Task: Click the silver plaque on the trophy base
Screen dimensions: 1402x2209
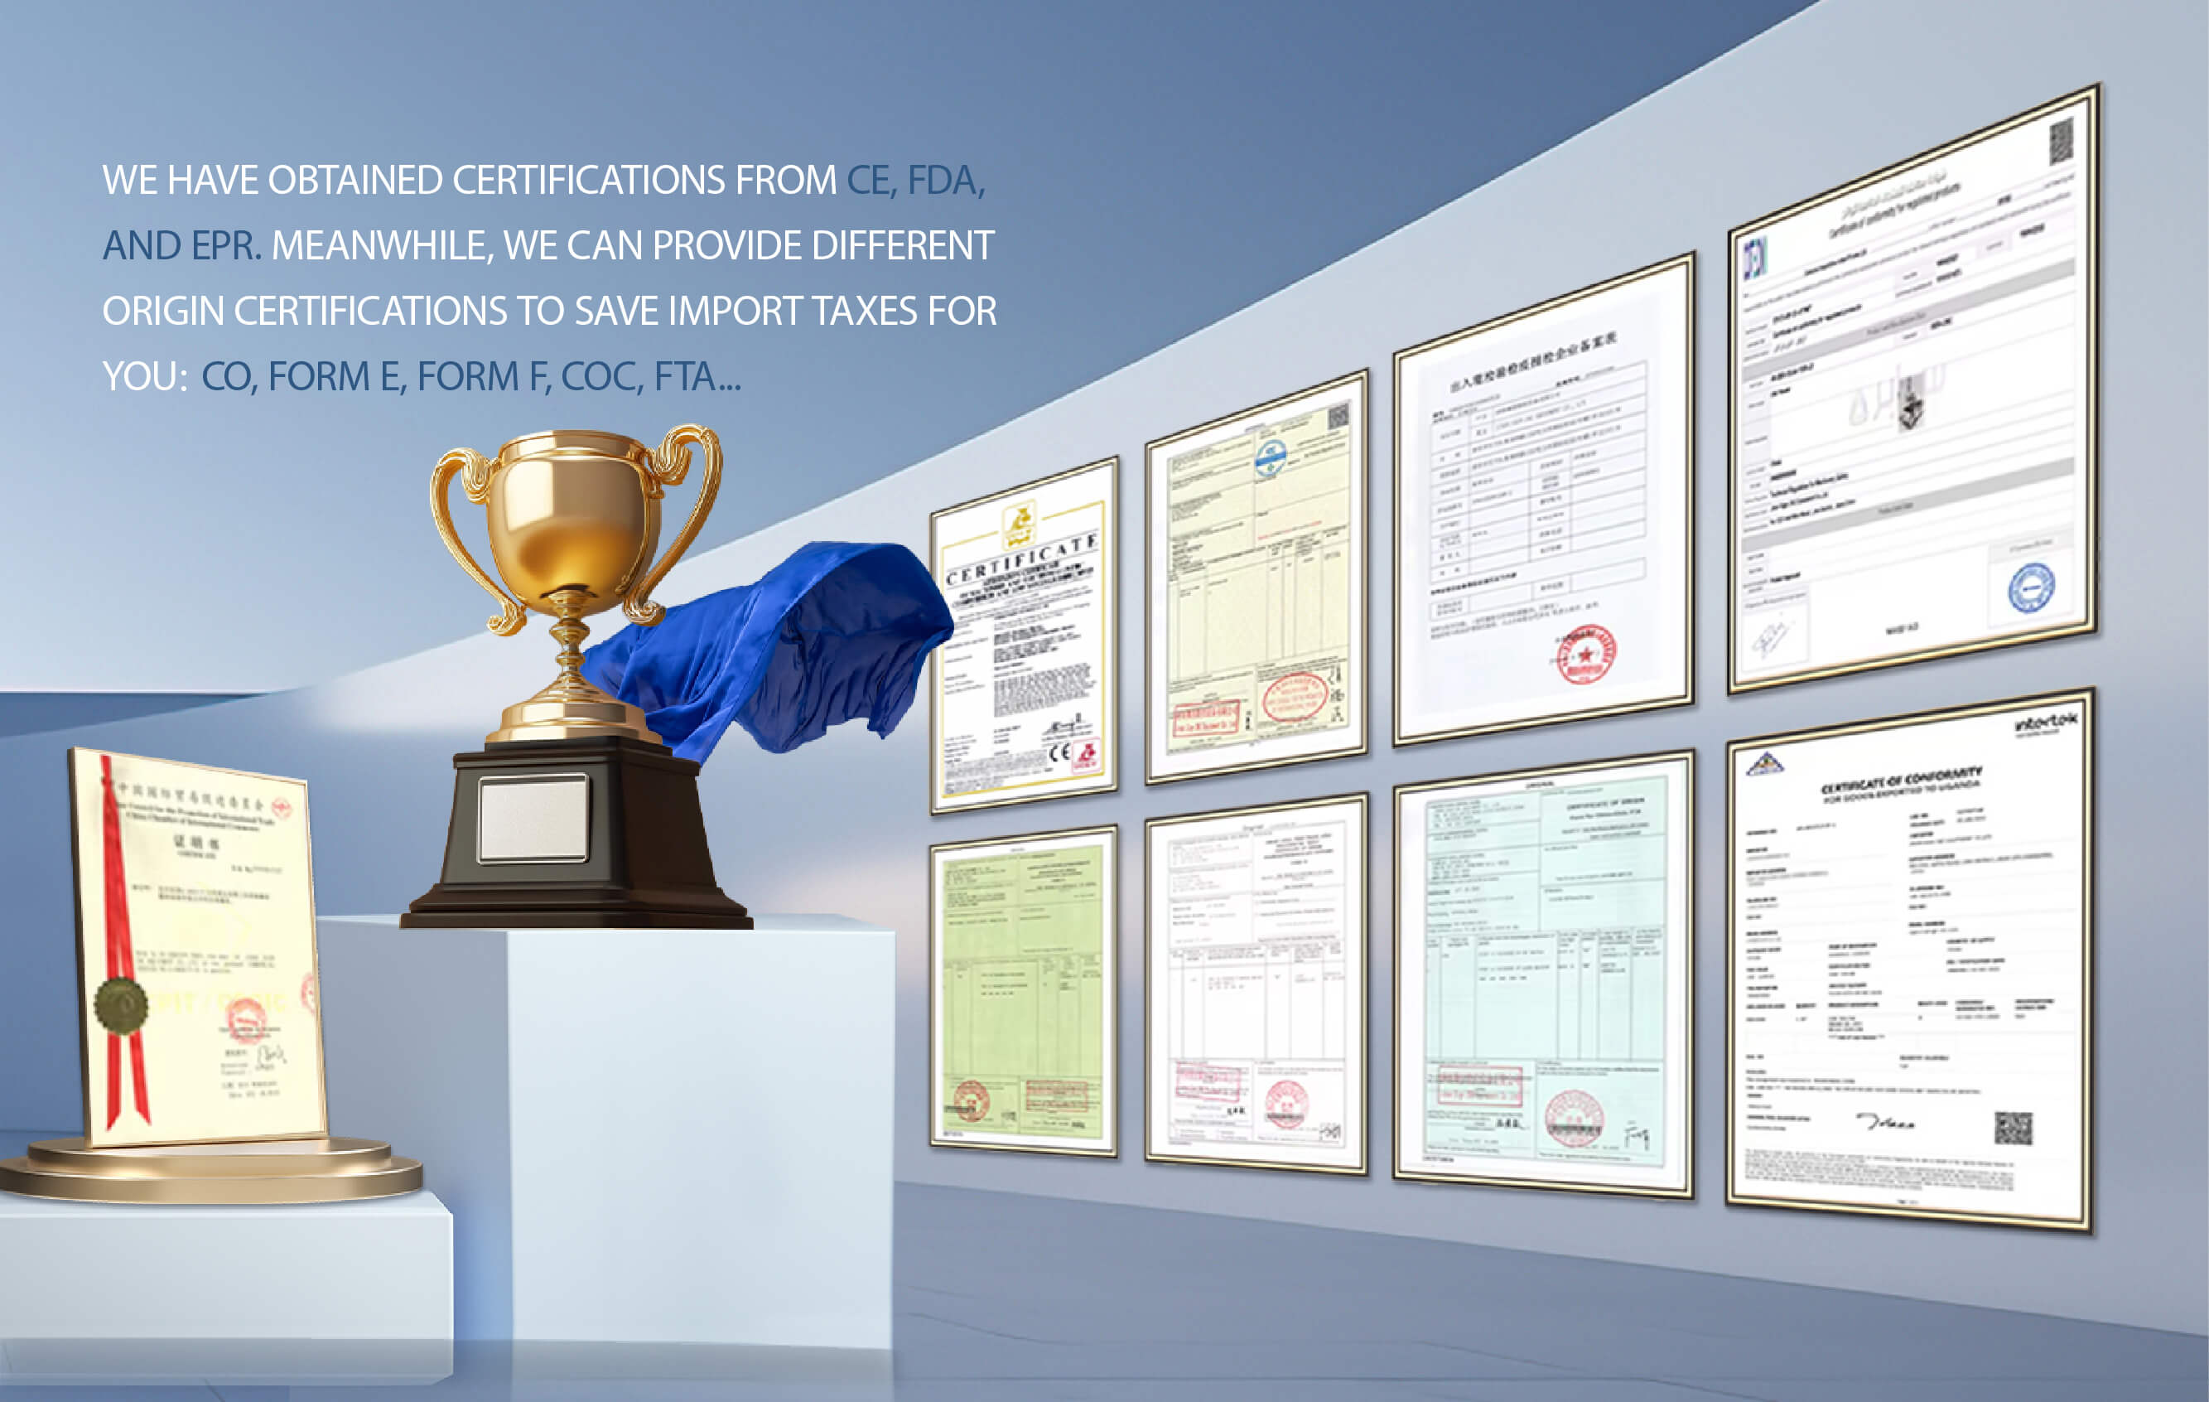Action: tap(533, 819)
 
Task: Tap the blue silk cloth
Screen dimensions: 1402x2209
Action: tap(789, 642)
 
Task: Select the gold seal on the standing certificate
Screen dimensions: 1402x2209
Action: tap(121, 1005)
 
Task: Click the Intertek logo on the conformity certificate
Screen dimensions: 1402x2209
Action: tap(2045, 724)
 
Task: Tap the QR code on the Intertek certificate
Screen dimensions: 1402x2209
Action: tap(2014, 1128)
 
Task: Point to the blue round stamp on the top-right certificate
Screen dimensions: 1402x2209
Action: tap(2031, 588)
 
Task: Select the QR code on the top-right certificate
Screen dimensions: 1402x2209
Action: tap(2061, 143)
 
